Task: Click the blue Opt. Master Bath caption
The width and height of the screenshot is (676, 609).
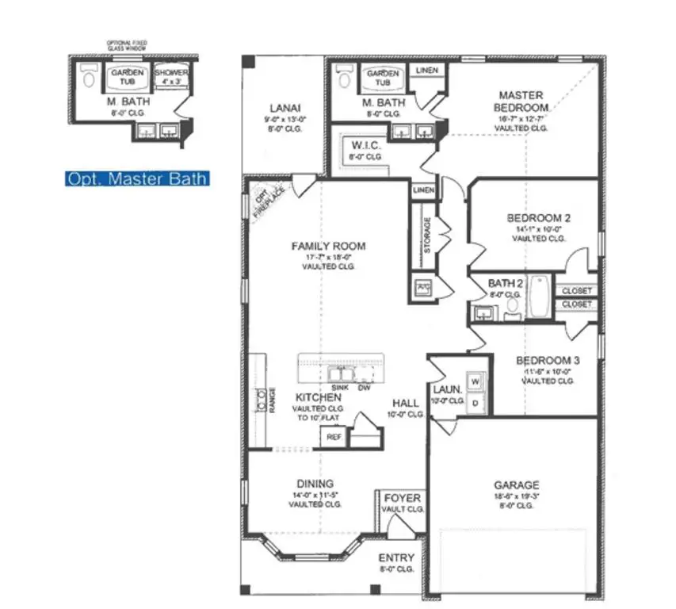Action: coord(137,179)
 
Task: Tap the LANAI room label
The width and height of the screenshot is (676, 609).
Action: coord(285,109)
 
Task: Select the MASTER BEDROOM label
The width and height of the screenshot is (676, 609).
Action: coord(520,101)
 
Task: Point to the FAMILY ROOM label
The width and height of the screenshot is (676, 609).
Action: coord(328,247)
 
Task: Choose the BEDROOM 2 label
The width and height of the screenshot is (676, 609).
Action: coord(538,218)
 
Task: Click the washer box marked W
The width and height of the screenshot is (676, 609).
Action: coord(475,381)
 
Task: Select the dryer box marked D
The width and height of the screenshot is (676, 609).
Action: coord(475,403)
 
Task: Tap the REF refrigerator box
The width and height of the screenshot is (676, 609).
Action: coord(334,437)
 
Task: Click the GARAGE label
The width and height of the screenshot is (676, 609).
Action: coord(516,485)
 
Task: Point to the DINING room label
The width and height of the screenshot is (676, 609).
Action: coord(315,484)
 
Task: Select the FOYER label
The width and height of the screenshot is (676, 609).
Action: coord(402,499)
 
